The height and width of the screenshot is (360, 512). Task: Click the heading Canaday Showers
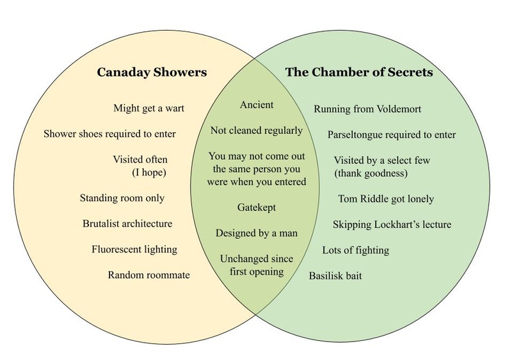(x=152, y=72)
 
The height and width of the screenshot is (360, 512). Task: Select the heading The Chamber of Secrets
(x=359, y=72)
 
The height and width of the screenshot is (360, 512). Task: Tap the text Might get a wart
(x=148, y=108)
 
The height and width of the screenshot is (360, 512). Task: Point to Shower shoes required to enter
(x=109, y=134)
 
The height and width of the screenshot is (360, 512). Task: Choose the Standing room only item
(x=122, y=198)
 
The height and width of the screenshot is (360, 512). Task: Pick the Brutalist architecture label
(x=127, y=224)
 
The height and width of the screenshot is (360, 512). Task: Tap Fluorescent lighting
(x=134, y=249)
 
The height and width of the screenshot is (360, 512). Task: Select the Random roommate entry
(x=148, y=275)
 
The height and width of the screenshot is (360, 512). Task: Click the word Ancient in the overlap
(x=256, y=104)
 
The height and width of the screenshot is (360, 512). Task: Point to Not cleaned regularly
(x=256, y=131)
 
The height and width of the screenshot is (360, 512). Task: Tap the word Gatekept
(x=256, y=208)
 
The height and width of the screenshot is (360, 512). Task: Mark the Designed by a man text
(x=256, y=233)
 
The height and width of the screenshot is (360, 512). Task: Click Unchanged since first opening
(x=256, y=265)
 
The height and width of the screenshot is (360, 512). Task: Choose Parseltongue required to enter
(x=392, y=135)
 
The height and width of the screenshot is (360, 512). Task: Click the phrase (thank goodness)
(x=371, y=173)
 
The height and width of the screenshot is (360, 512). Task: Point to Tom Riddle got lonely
(x=386, y=199)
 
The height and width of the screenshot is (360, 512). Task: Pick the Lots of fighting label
(x=355, y=250)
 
